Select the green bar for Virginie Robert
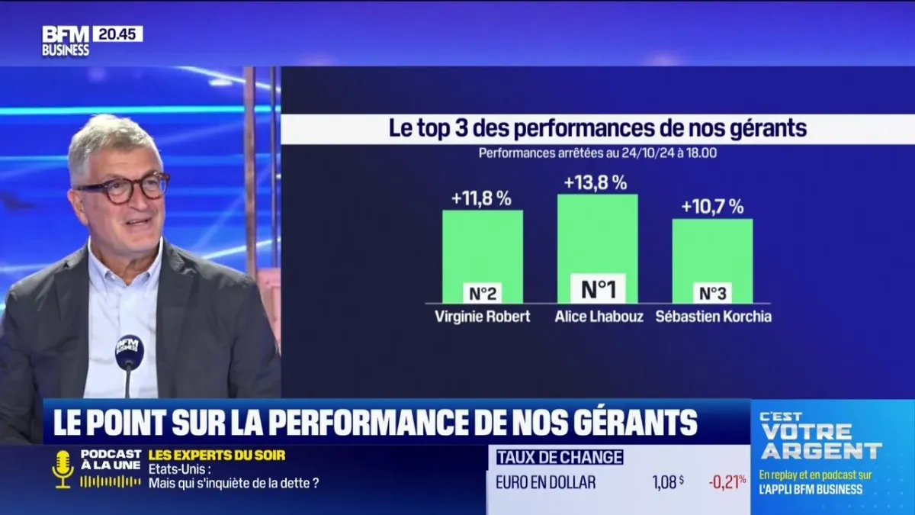click(483, 244)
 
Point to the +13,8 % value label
click(596, 183)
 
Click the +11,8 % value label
click(481, 198)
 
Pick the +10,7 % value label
click(712, 207)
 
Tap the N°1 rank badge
click(598, 289)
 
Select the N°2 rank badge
click(483, 293)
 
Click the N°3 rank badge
click(712, 293)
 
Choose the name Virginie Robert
click(483, 316)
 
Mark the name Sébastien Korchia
click(713, 316)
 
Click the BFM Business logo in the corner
click(66, 41)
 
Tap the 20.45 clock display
click(117, 34)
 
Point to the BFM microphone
click(129, 353)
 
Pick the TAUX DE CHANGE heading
click(560, 457)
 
